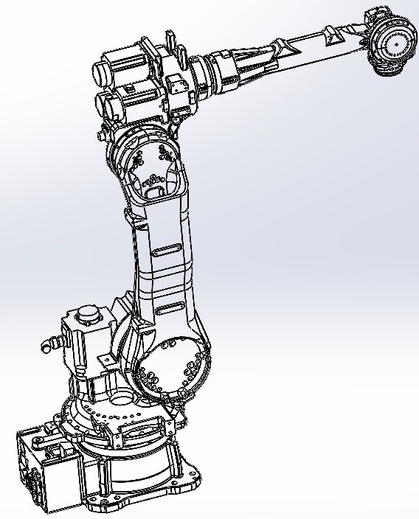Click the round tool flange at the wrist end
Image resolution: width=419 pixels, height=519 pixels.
394,46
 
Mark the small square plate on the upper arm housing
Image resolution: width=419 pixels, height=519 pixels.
176,84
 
